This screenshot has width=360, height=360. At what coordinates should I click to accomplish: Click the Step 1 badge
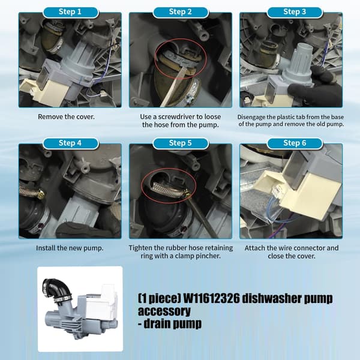pyautogui.click(x=70, y=12)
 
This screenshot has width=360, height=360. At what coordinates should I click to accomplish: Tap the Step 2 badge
pyautogui.click(x=181, y=12)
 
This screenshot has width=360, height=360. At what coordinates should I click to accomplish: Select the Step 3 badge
pyautogui.click(x=295, y=12)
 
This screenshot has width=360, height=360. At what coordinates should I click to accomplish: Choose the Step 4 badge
pyautogui.click(x=70, y=143)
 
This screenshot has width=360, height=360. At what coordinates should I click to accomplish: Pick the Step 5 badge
pyautogui.click(x=181, y=143)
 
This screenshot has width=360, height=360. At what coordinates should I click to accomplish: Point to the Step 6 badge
pyautogui.click(x=295, y=143)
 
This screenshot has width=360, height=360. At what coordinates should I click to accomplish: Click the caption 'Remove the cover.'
pyautogui.click(x=66, y=117)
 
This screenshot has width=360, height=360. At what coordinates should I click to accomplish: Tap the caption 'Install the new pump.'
pyautogui.click(x=70, y=248)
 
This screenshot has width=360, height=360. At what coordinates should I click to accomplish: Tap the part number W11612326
pyautogui.click(x=211, y=299)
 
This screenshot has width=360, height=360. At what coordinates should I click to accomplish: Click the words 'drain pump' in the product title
pyautogui.click(x=173, y=324)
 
